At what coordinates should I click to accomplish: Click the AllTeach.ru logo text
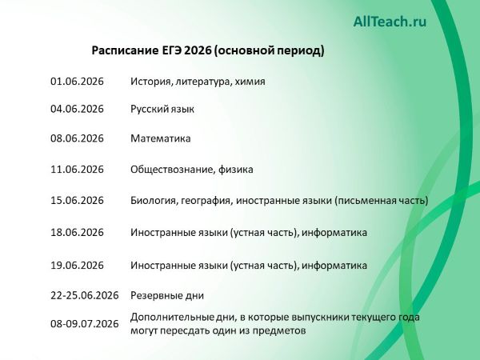[390, 22]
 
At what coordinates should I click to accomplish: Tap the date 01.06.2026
[77, 82]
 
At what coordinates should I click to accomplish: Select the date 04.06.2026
[77, 109]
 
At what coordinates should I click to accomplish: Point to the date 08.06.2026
[77, 138]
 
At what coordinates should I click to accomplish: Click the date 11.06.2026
[77, 169]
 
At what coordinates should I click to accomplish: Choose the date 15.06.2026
[77, 200]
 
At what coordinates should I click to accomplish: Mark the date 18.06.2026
[77, 233]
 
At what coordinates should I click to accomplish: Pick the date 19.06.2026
[77, 265]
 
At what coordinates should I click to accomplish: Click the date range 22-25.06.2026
[84, 295]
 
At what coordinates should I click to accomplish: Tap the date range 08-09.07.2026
[84, 323]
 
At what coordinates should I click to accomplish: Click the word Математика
[160, 138]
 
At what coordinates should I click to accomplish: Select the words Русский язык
[162, 109]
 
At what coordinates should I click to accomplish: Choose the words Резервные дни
[167, 295]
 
